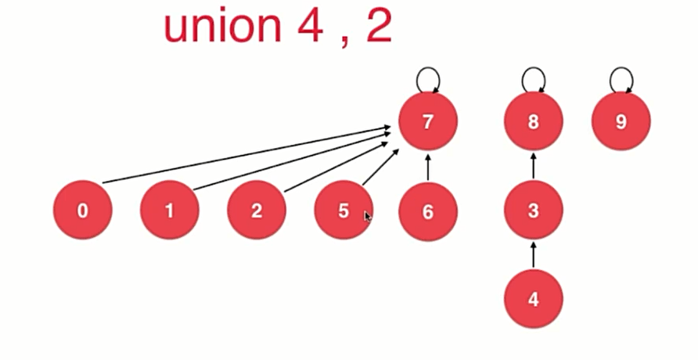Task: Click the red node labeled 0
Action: [x=83, y=211]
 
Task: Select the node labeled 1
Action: [x=170, y=211]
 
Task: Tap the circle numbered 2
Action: [x=257, y=211]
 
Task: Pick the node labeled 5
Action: [x=344, y=211]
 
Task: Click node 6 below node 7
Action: [x=427, y=211]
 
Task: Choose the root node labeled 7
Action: [x=427, y=121]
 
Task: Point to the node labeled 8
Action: [x=534, y=121]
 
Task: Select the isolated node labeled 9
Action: [x=621, y=121]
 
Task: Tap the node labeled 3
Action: [x=534, y=211]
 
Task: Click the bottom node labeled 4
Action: [x=534, y=298]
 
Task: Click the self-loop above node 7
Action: [x=427, y=79]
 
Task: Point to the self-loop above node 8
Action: [x=534, y=79]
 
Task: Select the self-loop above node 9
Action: [x=621, y=79]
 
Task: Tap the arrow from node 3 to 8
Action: [x=534, y=166]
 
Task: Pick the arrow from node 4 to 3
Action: [x=534, y=254]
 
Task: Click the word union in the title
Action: [x=223, y=26]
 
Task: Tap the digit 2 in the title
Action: [x=378, y=26]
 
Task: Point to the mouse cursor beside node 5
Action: [x=368, y=216]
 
